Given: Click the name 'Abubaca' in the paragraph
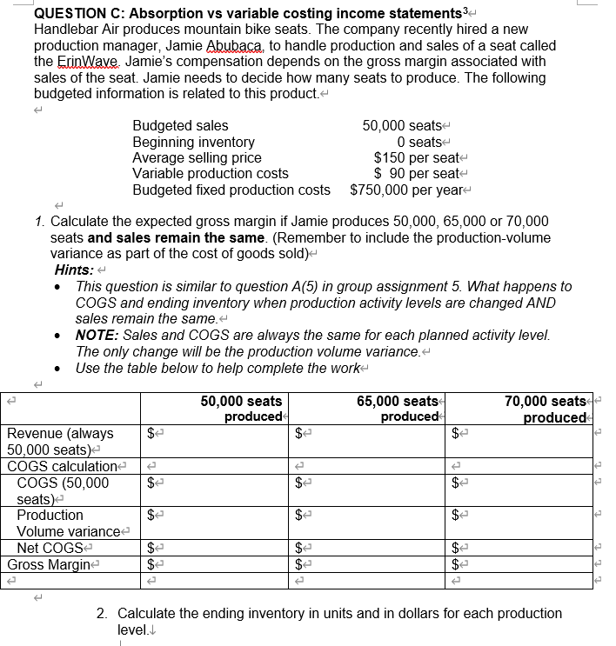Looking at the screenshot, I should [264, 45].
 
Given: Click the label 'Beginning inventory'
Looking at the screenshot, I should [193, 142].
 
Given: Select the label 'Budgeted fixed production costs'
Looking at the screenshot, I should [231, 189].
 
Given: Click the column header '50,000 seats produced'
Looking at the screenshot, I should [242, 409].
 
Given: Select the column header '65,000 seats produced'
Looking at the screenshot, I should [398, 409].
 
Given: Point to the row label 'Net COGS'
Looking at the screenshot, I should [48, 548].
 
